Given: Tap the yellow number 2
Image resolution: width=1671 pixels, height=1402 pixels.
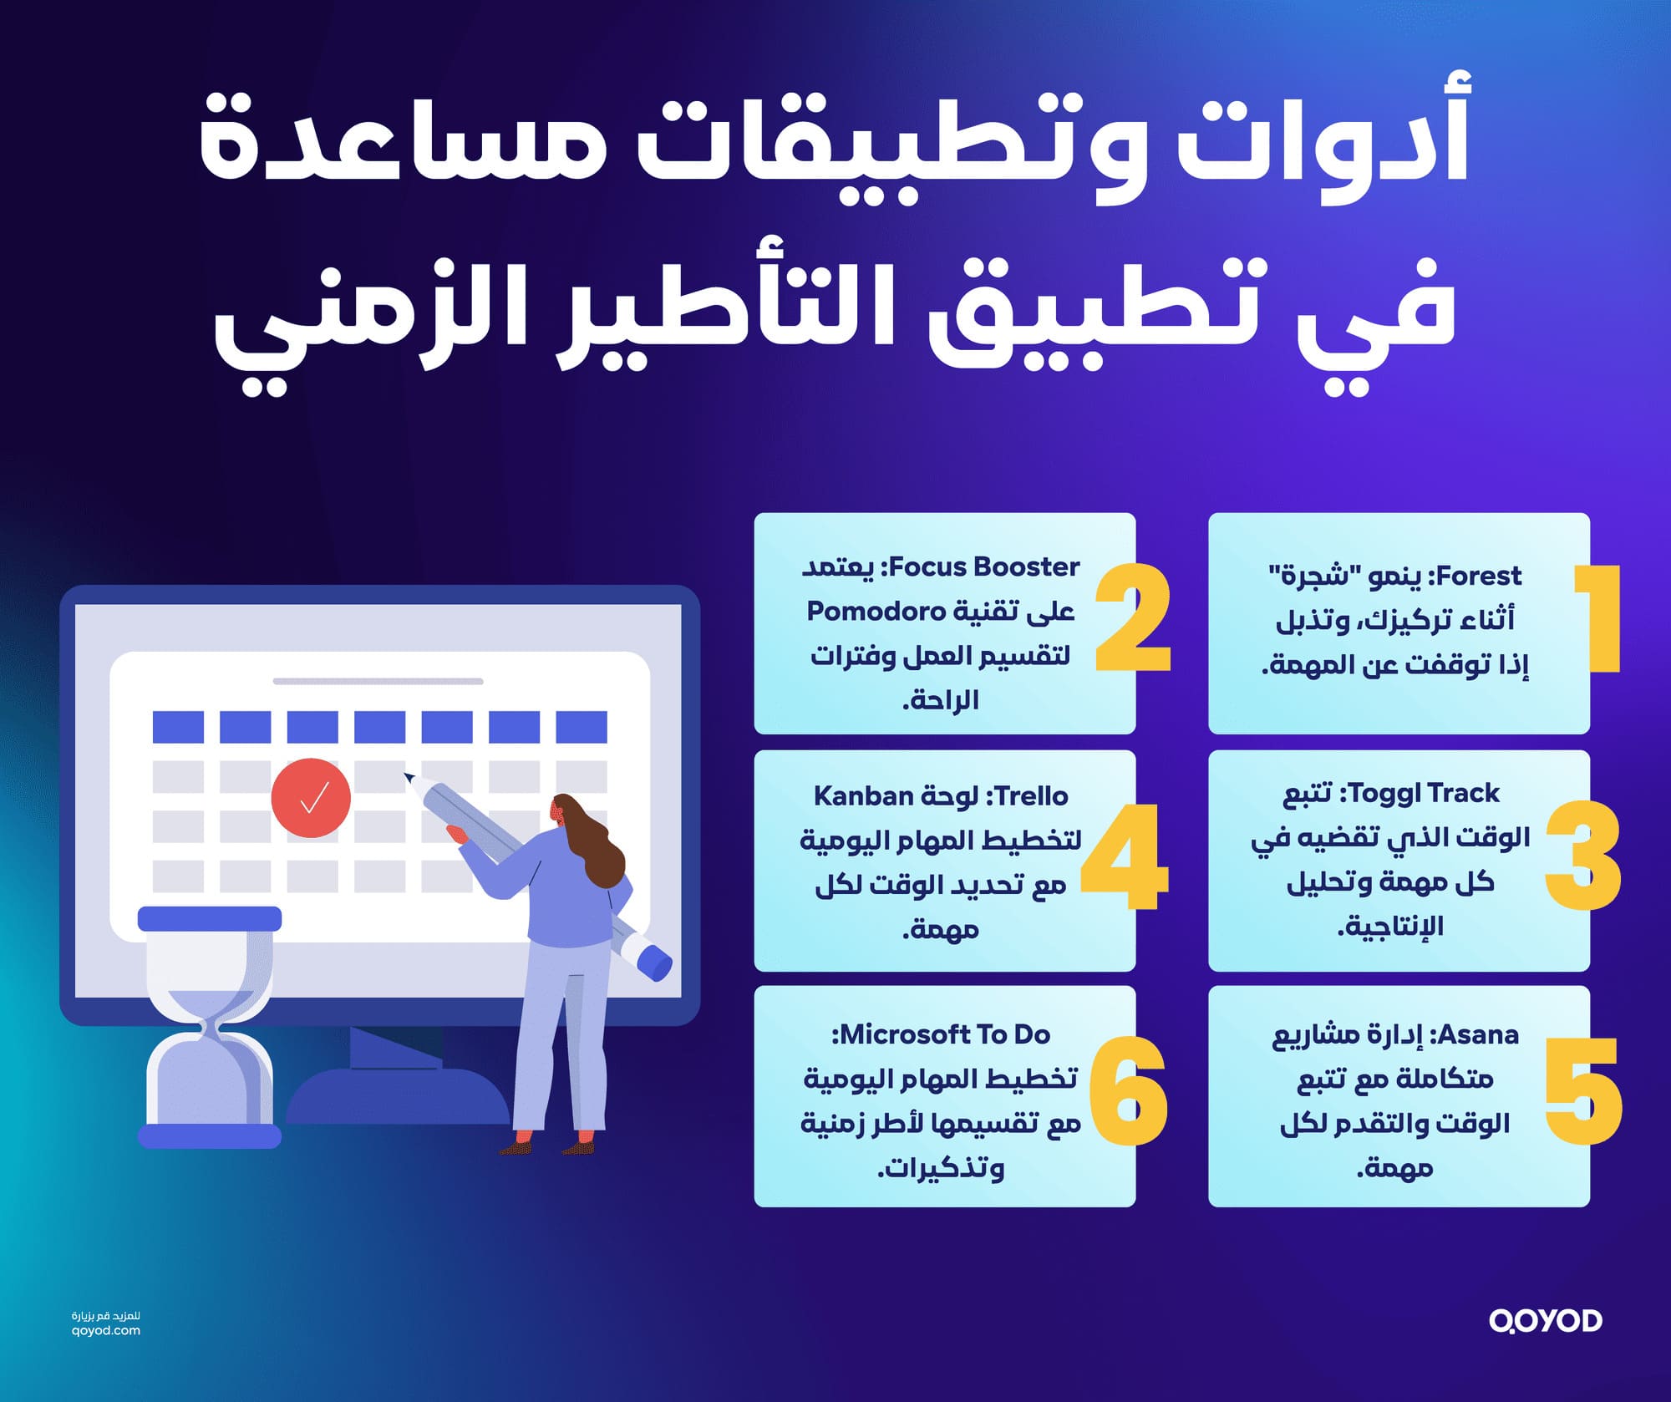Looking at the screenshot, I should [1133, 618].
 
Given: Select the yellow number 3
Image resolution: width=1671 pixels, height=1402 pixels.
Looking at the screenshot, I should [1583, 854].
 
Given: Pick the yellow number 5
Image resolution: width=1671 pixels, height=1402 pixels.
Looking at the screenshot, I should [1583, 1090].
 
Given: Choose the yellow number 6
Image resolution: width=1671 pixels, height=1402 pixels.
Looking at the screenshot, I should [1128, 1091].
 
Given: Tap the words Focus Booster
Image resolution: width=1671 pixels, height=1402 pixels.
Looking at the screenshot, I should [984, 566].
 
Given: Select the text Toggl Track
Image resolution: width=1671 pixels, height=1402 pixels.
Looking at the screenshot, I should [1425, 792].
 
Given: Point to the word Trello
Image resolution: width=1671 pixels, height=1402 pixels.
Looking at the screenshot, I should [1031, 795].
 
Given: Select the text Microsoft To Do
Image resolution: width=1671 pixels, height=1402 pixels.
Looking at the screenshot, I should [944, 1034].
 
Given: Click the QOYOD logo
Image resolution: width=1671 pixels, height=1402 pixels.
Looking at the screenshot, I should [1546, 1321].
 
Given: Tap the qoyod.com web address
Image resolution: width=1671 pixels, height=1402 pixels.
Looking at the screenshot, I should [106, 1331].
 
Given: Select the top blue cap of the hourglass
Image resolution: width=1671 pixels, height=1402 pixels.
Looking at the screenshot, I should [209, 919].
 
